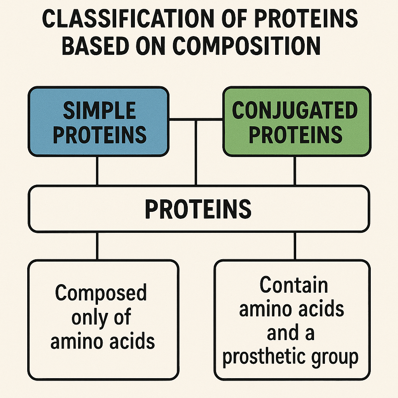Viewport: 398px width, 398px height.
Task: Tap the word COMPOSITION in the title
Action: click(246, 46)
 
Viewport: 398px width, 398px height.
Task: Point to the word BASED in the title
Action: click(96, 46)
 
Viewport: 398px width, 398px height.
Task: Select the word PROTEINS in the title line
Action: click(306, 19)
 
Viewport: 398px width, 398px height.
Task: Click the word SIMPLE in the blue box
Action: click(99, 110)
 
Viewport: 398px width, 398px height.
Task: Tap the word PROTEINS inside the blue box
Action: click(99, 134)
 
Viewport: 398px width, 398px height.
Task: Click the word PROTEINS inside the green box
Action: click(295, 134)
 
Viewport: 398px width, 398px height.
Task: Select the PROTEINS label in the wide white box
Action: click(198, 209)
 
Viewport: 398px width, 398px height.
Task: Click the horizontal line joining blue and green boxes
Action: click(196, 119)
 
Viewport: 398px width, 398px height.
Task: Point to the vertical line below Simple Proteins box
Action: click(97, 171)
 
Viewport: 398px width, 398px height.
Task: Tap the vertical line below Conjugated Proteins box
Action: click(295, 171)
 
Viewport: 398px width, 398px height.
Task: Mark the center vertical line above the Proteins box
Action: click(196, 153)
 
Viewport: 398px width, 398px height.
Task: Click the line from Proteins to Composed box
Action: click(97, 246)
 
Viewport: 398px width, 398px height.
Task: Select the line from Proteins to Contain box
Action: click(295, 246)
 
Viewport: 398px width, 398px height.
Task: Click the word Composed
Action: click(101, 293)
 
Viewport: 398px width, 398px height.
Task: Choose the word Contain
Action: click(294, 285)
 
